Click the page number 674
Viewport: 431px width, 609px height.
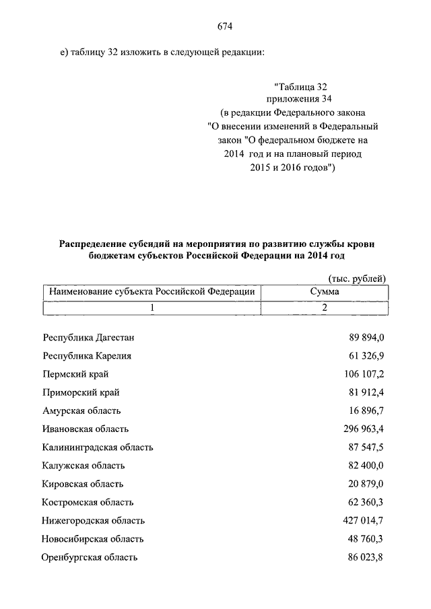(225, 26)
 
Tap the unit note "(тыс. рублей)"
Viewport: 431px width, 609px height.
(357, 278)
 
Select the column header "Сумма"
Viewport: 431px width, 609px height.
(324, 291)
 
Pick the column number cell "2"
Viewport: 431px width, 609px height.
(324, 308)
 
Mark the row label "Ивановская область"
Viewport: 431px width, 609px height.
(85, 429)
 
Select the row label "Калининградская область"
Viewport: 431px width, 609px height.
(97, 447)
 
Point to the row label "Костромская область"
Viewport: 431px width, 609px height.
(88, 502)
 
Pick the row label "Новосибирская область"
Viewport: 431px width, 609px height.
(92, 539)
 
